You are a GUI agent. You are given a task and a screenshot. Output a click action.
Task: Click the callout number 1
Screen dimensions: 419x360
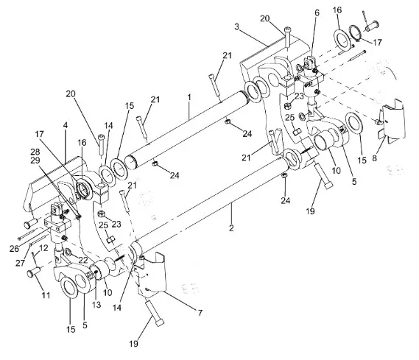(189, 98)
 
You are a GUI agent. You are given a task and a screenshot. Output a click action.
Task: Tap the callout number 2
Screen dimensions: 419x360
(231, 227)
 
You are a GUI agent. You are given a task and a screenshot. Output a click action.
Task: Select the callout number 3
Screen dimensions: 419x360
(237, 27)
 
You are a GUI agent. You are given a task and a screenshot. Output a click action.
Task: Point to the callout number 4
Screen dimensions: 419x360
(66, 125)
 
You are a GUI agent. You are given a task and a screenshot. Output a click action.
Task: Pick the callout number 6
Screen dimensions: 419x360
(317, 13)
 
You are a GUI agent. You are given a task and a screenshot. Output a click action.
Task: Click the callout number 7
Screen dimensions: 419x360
(200, 312)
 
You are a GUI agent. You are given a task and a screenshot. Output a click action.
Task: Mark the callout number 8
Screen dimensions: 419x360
(374, 158)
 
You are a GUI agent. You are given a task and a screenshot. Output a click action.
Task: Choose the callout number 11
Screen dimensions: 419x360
(46, 295)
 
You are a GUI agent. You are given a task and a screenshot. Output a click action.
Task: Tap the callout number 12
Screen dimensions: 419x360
(43, 248)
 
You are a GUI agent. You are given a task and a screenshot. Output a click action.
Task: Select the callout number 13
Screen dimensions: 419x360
(96, 305)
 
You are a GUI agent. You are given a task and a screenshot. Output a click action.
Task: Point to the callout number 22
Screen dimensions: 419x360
(83, 260)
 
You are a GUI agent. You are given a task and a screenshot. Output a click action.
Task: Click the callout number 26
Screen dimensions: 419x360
(15, 249)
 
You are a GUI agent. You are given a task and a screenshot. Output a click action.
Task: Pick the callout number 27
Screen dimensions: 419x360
(20, 263)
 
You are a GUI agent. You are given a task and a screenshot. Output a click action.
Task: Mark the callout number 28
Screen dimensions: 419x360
(35, 152)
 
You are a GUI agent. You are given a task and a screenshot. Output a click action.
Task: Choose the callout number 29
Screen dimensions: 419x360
(35, 160)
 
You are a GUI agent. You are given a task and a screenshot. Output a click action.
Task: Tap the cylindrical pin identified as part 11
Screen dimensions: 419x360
(33, 272)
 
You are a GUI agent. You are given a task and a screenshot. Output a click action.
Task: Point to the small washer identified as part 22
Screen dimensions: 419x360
(68, 252)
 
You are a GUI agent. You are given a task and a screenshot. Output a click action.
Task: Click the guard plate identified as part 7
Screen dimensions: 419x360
(151, 275)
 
